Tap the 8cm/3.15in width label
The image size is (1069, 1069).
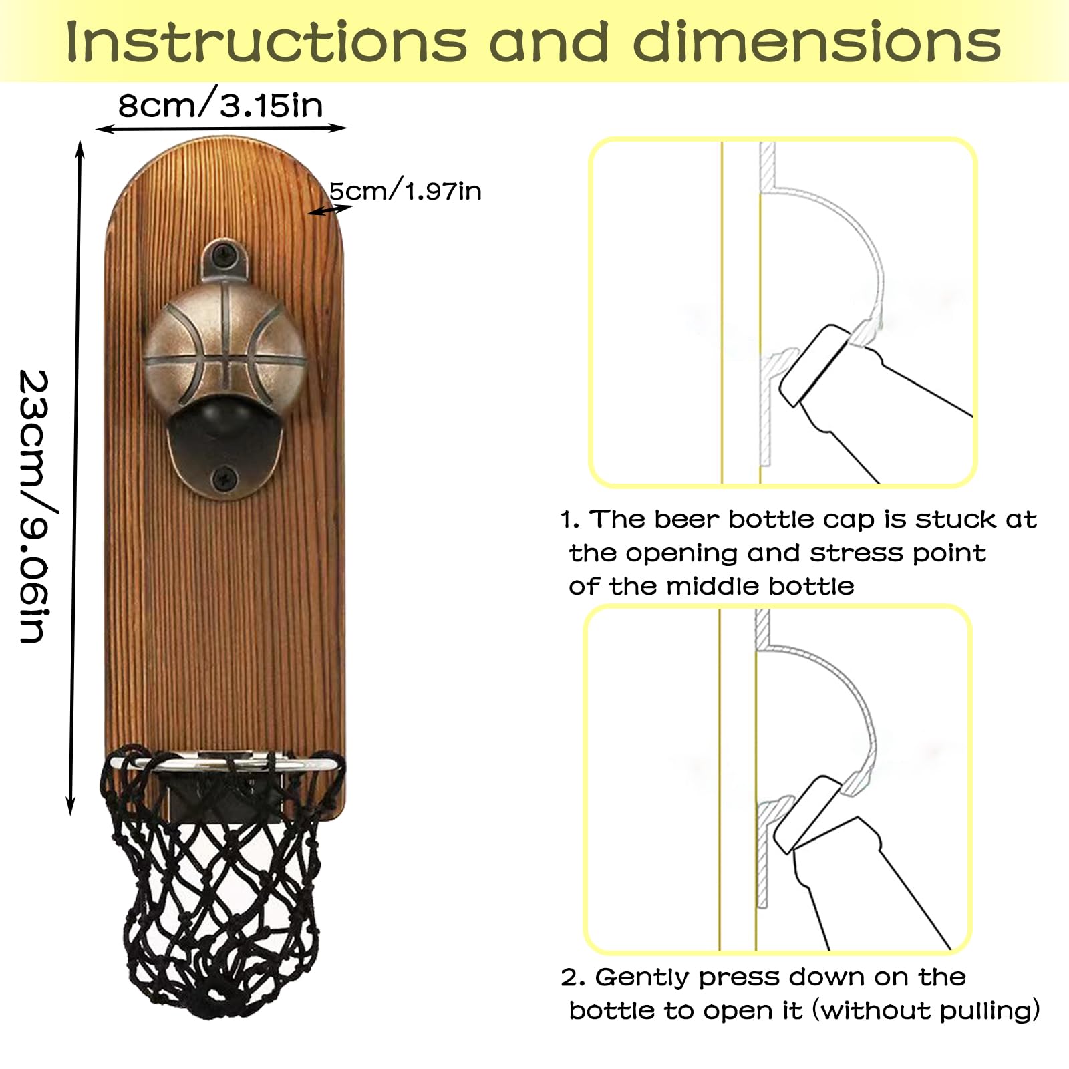tap(220, 105)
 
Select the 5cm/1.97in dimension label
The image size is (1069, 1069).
tap(405, 191)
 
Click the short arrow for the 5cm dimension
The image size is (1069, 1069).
tap(329, 210)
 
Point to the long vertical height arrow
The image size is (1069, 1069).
tap(75, 478)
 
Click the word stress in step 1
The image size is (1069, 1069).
tap(858, 553)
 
